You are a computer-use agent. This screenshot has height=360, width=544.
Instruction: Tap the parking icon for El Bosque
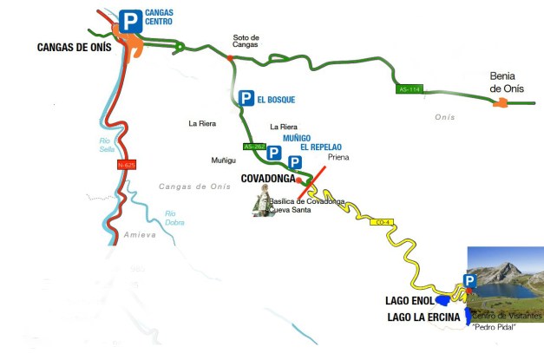[x=246, y=99]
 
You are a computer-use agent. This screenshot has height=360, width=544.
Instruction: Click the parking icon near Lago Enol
[x=469, y=281]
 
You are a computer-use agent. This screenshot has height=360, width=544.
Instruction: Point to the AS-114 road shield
[x=408, y=89]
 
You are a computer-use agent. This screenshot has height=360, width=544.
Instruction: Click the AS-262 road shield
[x=253, y=147]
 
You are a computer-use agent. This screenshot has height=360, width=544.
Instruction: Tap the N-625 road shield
[x=127, y=165]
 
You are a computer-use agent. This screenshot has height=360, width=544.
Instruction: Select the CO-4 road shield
[x=381, y=223]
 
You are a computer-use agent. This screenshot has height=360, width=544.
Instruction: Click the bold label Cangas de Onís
[x=75, y=47]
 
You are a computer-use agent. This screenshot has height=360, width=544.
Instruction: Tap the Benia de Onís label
[x=508, y=82]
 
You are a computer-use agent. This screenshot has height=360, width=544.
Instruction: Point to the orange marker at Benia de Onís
[x=501, y=104]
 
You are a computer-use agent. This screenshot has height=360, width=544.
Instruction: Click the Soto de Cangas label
[x=246, y=41]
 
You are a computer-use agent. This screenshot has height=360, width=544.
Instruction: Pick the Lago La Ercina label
[x=423, y=317]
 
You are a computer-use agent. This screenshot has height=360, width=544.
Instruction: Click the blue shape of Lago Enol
[x=443, y=300]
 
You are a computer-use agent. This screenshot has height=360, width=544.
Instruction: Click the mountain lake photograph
[x=505, y=283]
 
